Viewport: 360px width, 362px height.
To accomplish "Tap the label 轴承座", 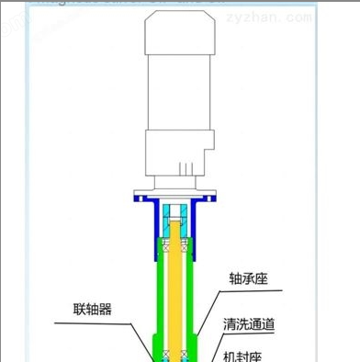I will [x=248, y=277].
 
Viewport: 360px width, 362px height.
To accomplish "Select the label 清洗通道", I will [x=254, y=324].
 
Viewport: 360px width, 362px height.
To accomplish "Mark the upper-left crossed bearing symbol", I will [x=161, y=244].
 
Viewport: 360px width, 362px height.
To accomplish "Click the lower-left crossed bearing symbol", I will [x=160, y=354].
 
